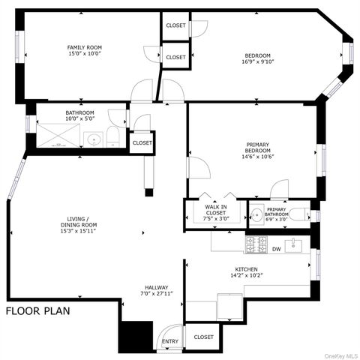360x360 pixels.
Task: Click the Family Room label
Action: pyautogui.click(x=84, y=51)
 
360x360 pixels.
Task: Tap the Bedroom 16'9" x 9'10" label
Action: pyautogui.click(x=256, y=58)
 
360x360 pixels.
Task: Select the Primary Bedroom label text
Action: pyautogui.click(x=257, y=151)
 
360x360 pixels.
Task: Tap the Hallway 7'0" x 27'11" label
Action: pyautogui.click(x=157, y=291)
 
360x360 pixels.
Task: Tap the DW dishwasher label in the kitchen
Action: pyautogui.click(x=276, y=249)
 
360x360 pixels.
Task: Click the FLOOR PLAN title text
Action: pyautogui.click(x=38, y=310)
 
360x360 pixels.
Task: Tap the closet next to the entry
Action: pyautogui.click(x=203, y=337)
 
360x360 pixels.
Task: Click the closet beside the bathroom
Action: pyautogui.click(x=142, y=142)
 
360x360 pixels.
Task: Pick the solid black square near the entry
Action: pyautogui.click(x=136, y=336)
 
